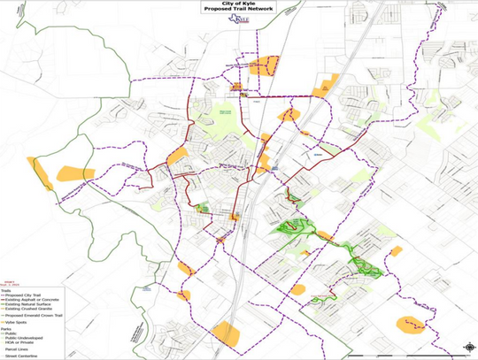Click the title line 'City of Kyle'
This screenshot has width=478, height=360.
[x=238, y=4]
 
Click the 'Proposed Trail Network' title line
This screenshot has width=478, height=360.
[x=238, y=10]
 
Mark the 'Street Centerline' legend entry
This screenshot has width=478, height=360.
[x=18, y=356]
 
